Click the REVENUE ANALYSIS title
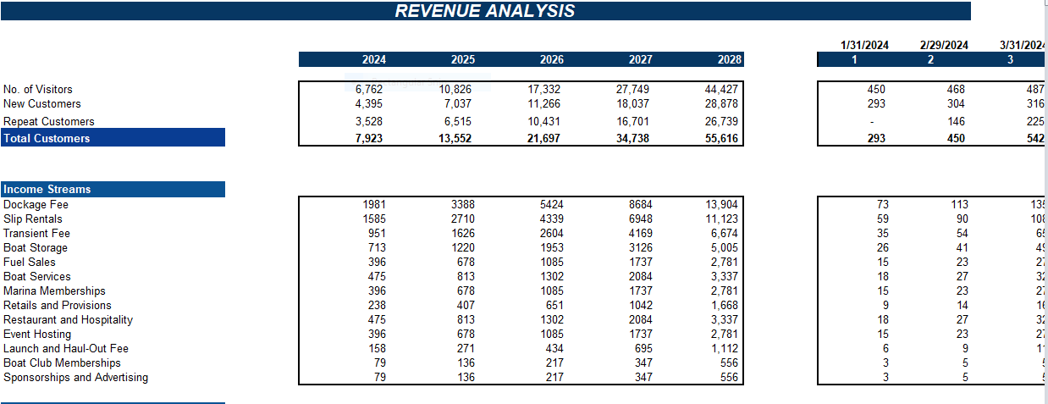coord(485,11)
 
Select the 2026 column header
coord(551,59)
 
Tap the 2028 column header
coord(729,59)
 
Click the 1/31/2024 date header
coord(865,45)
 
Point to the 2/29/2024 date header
coord(944,45)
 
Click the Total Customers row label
coord(47,138)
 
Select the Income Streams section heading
coord(47,189)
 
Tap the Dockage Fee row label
coord(36,204)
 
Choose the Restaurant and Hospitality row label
coord(68,319)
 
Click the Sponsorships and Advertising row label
coord(75,377)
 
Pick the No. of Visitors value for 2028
coord(722,89)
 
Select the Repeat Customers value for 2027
coord(633,121)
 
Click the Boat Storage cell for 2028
coord(724,247)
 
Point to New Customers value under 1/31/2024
coord(876,103)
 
